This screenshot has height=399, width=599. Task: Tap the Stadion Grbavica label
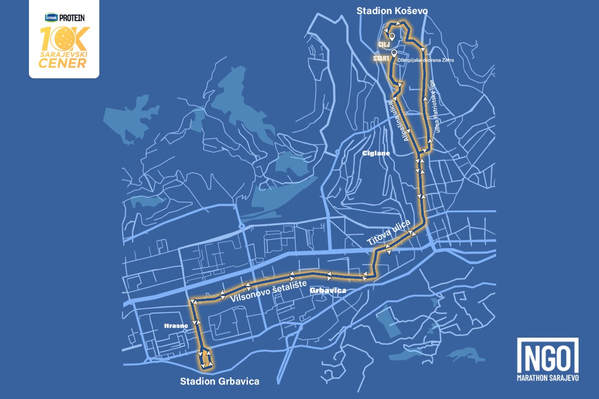click(220, 382)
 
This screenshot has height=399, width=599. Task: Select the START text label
click(381, 58)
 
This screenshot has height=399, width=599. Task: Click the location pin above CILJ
click(392, 36)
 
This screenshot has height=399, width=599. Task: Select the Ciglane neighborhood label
click(375, 154)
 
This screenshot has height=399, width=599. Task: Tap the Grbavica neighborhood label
click(327, 290)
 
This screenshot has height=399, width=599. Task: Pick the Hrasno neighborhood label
click(176, 326)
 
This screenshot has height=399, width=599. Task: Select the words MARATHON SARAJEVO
click(548, 378)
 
